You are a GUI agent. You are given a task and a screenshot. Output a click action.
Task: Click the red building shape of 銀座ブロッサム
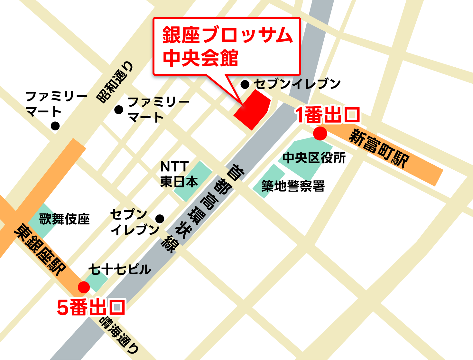click(x=252, y=109)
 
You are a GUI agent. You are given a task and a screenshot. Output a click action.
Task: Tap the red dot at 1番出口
click(x=320, y=133)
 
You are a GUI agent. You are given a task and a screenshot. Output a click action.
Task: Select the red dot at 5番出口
click(x=84, y=287)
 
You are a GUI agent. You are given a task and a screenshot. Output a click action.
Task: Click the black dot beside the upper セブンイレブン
click(x=245, y=85)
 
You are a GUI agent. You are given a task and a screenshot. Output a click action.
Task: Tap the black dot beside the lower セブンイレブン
click(x=160, y=219)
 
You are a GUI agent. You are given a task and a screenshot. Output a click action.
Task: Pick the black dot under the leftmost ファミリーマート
click(x=55, y=126)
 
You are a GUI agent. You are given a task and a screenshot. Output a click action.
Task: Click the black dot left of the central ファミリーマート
click(x=119, y=110)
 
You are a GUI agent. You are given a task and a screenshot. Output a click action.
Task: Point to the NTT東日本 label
click(x=179, y=174)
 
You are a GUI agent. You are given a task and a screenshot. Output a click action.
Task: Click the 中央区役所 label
click(x=314, y=158)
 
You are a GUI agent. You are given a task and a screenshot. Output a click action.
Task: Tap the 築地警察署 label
click(x=293, y=186)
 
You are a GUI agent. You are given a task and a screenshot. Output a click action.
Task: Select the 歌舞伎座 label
click(x=64, y=219)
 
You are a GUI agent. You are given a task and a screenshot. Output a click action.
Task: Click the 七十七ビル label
click(x=119, y=269)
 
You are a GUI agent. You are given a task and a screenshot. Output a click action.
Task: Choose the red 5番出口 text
click(x=91, y=308)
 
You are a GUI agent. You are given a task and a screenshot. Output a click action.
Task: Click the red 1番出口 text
click(x=328, y=115)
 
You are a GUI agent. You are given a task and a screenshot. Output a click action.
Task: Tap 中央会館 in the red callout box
click(x=200, y=58)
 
